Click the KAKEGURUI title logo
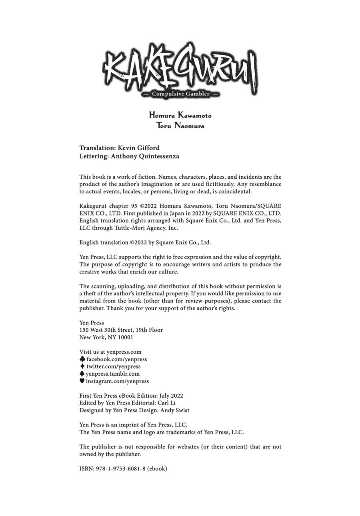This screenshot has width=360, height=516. [x=180, y=66]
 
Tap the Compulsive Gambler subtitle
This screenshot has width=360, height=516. [x=180, y=94]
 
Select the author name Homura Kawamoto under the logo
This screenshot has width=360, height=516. [x=180, y=116]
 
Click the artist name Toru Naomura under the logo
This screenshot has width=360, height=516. [x=180, y=126]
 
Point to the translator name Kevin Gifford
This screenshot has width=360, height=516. [x=138, y=148]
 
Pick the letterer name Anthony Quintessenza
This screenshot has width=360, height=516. [x=145, y=156]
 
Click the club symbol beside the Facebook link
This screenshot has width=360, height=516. [x=82, y=359]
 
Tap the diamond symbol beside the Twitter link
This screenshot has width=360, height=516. [x=82, y=366]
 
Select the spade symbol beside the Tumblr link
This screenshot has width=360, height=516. [x=82, y=373]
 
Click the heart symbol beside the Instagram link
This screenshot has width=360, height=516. [x=82, y=381]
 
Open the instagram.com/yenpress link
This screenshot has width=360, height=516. [x=117, y=381]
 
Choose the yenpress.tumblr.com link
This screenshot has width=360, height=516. [x=112, y=374]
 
